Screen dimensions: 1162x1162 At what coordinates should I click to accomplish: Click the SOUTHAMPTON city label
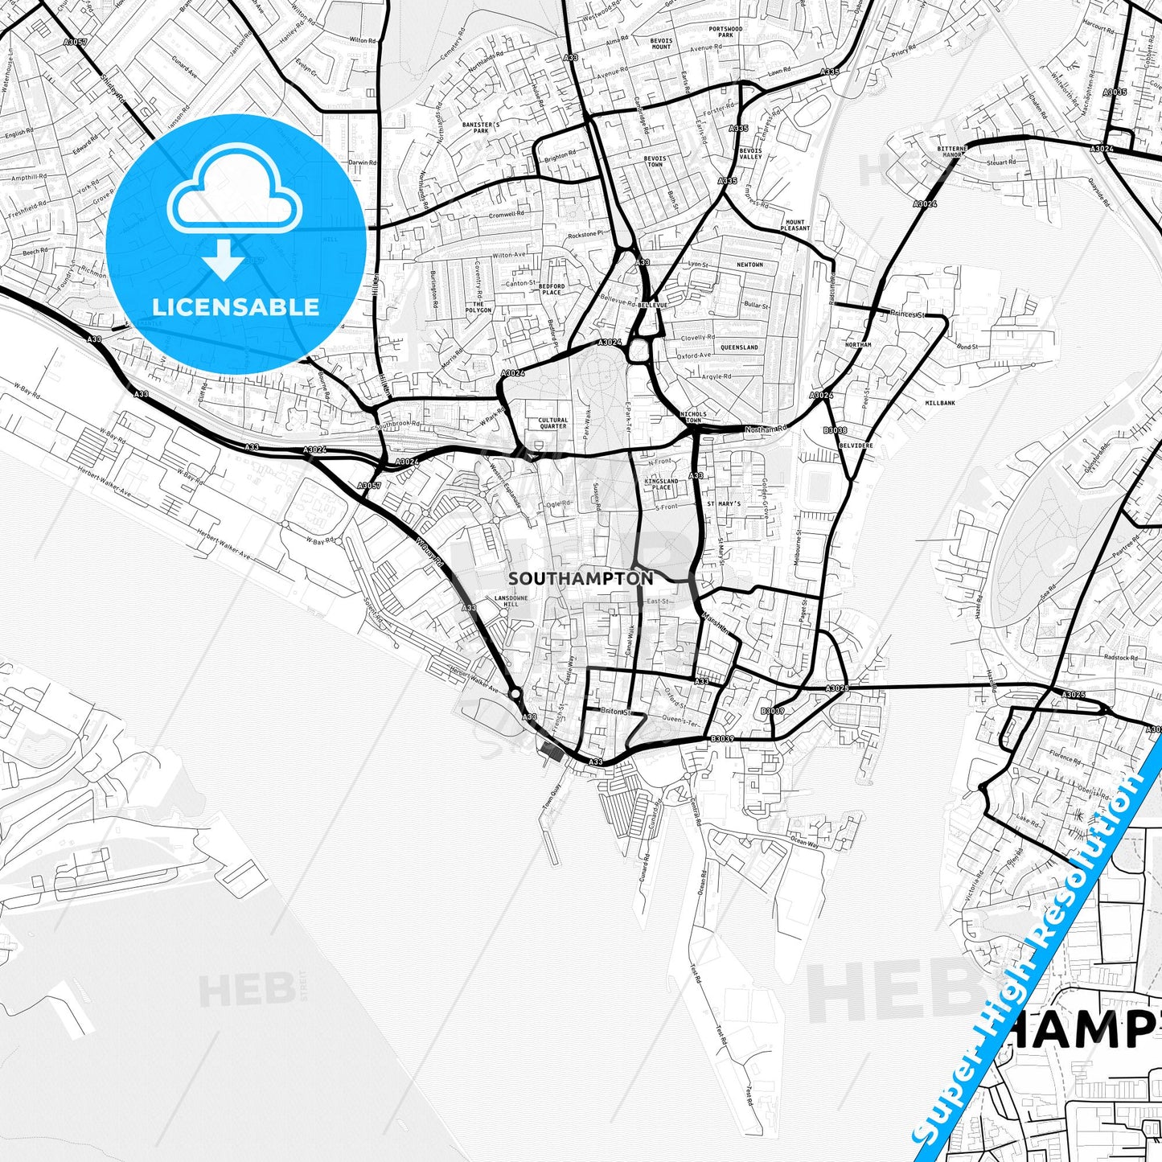click(581, 578)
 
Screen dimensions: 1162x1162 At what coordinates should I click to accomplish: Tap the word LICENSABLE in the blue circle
click(236, 306)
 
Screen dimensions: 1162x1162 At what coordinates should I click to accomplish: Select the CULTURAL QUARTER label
click(552, 423)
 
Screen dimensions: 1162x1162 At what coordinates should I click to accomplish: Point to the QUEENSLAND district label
click(738, 347)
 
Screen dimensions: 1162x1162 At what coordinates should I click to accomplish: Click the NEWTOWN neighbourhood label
click(749, 265)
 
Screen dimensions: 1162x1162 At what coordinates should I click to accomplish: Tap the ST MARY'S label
click(724, 503)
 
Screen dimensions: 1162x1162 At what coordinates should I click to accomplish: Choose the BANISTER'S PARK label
click(481, 128)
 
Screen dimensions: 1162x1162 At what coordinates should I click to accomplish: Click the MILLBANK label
click(940, 403)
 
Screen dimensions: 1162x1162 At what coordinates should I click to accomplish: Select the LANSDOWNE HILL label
click(511, 602)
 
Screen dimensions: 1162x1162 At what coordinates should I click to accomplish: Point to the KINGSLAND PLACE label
click(661, 484)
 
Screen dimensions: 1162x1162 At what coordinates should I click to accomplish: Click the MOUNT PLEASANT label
click(795, 225)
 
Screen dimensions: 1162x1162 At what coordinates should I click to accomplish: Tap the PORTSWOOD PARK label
click(725, 32)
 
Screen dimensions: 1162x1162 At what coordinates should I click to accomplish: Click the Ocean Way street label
click(804, 841)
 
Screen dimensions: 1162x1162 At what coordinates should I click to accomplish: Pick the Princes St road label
click(908, 314)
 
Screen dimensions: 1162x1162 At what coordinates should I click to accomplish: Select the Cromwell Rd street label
click(507, 215)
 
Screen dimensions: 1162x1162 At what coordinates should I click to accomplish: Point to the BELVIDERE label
click(856, 444)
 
